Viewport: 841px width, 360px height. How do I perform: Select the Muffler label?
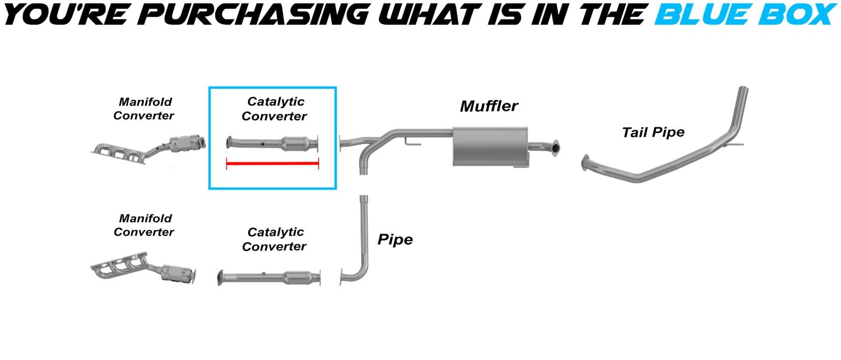click(488, 106)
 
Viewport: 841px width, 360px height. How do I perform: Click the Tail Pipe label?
click(653, 132)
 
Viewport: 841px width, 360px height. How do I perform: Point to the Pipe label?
click(395, 240)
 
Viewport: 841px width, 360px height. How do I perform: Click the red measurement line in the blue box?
click(272, 164)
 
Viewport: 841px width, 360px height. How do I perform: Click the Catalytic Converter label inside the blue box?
click(274, 109)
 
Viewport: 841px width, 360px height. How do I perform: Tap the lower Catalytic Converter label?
click(274, 239)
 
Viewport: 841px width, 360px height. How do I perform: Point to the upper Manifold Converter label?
click(144, 109)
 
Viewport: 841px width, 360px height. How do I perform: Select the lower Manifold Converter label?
click(144, 225)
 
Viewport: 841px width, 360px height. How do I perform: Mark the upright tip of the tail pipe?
click(743, 97)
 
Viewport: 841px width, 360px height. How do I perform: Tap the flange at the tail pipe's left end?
click(586, 163)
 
